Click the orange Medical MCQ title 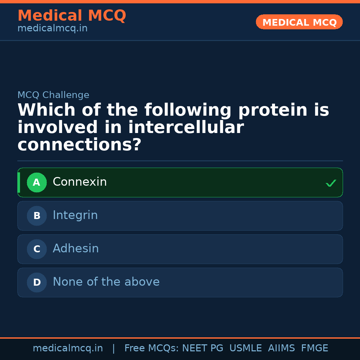72,16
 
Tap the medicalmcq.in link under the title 52,29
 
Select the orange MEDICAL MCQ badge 299,22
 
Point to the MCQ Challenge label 53,95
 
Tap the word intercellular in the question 186,128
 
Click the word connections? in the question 79,145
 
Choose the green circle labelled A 37,182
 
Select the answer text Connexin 80,182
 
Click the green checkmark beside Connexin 331,183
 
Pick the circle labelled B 37,216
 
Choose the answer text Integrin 75,215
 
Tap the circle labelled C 37,249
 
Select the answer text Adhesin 76,249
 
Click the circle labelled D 37,282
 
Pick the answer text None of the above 106,282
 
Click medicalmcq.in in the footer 68,348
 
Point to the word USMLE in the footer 245,348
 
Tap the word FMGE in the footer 314,348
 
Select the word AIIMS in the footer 281,348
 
